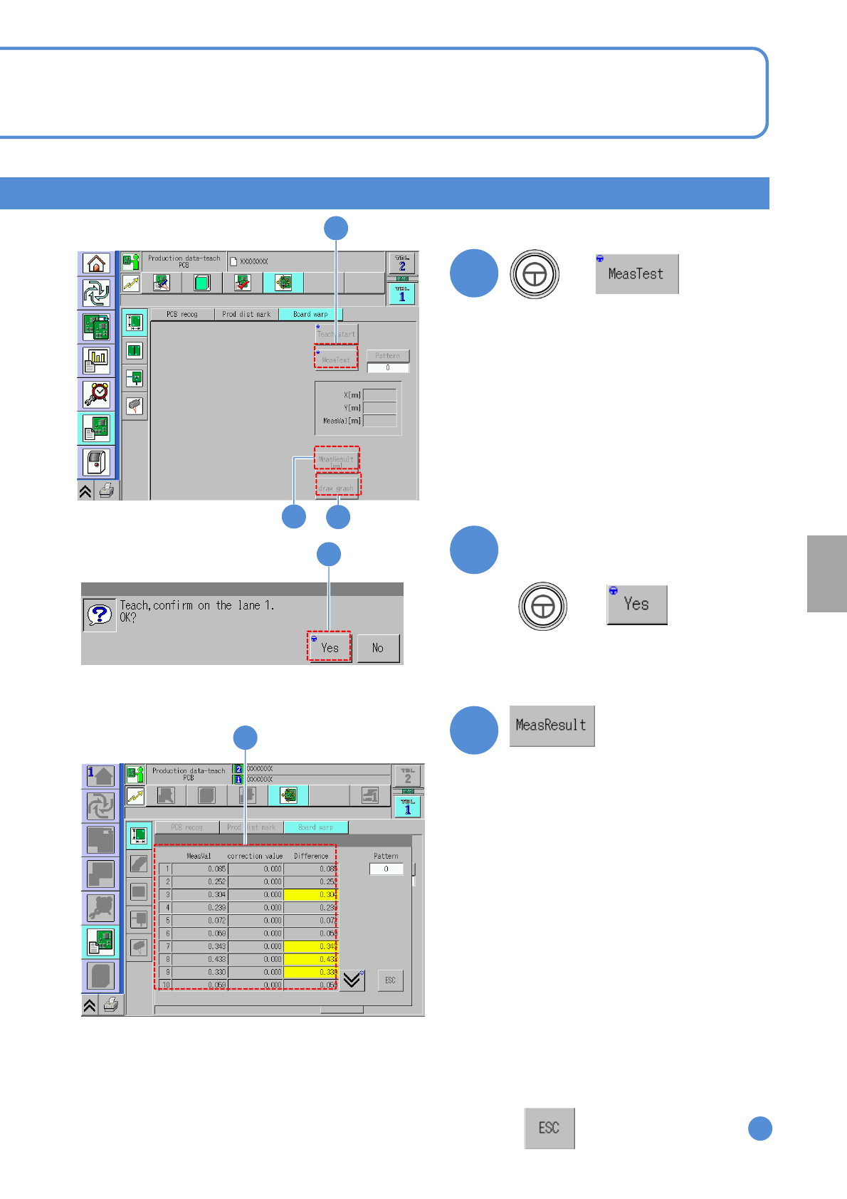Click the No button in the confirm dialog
click(378, 648)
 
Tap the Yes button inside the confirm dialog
click(330, 647)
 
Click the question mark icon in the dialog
click(100, 614)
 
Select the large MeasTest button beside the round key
click(636, 274)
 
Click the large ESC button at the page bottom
click(549, 1128)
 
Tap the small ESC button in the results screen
click(390, 980)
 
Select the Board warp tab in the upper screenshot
click(310, 314)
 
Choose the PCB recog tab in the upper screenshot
click(182, 314)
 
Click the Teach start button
click(336, 333)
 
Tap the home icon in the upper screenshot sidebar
click(96, 263)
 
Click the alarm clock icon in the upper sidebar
click(96, 393)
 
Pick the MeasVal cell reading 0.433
click(200, 959)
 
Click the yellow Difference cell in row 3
click(310, 894)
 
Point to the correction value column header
click(255, 856)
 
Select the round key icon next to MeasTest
click(535, 274)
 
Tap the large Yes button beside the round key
click(636, 604)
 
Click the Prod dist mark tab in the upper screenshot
click(246, 314)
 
